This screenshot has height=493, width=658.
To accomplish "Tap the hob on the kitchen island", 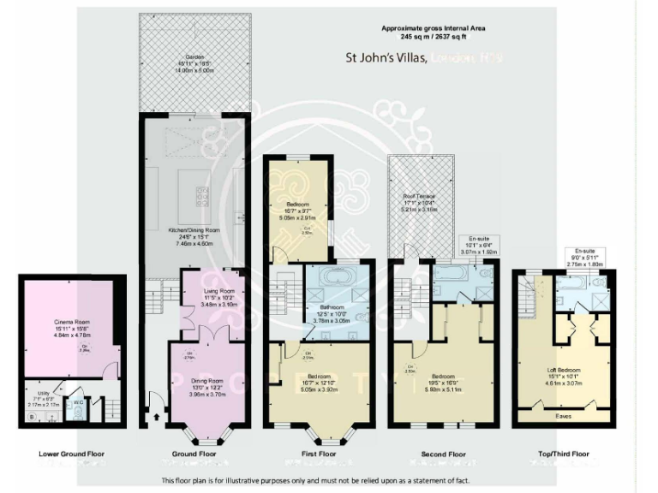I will click(203, 196).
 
